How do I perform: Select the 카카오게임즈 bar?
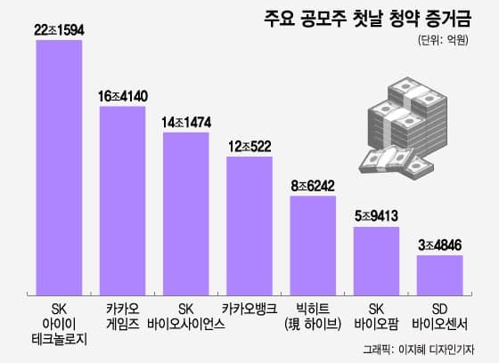122,199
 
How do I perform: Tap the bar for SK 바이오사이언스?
185,213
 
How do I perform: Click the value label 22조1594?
59,30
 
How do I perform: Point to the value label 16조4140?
122,95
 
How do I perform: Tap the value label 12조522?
250,145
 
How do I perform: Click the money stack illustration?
405,125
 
